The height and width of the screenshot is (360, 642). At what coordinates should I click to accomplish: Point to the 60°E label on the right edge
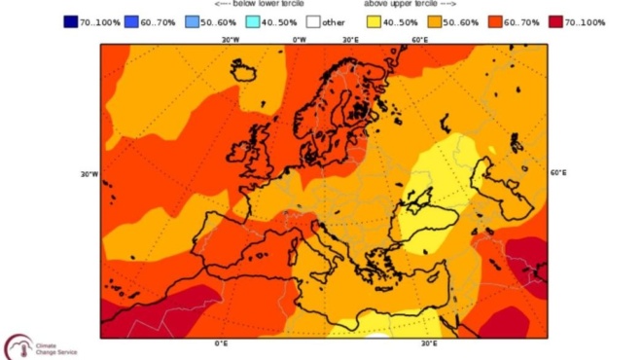(559, 173)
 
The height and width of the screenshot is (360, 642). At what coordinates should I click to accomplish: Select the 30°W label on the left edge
(89, 174)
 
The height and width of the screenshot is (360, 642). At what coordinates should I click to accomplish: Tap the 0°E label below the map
(221, 343)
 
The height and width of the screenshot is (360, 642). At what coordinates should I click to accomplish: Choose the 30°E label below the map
(427, 343)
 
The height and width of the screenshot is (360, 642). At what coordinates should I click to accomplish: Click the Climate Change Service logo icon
(18, 346)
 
